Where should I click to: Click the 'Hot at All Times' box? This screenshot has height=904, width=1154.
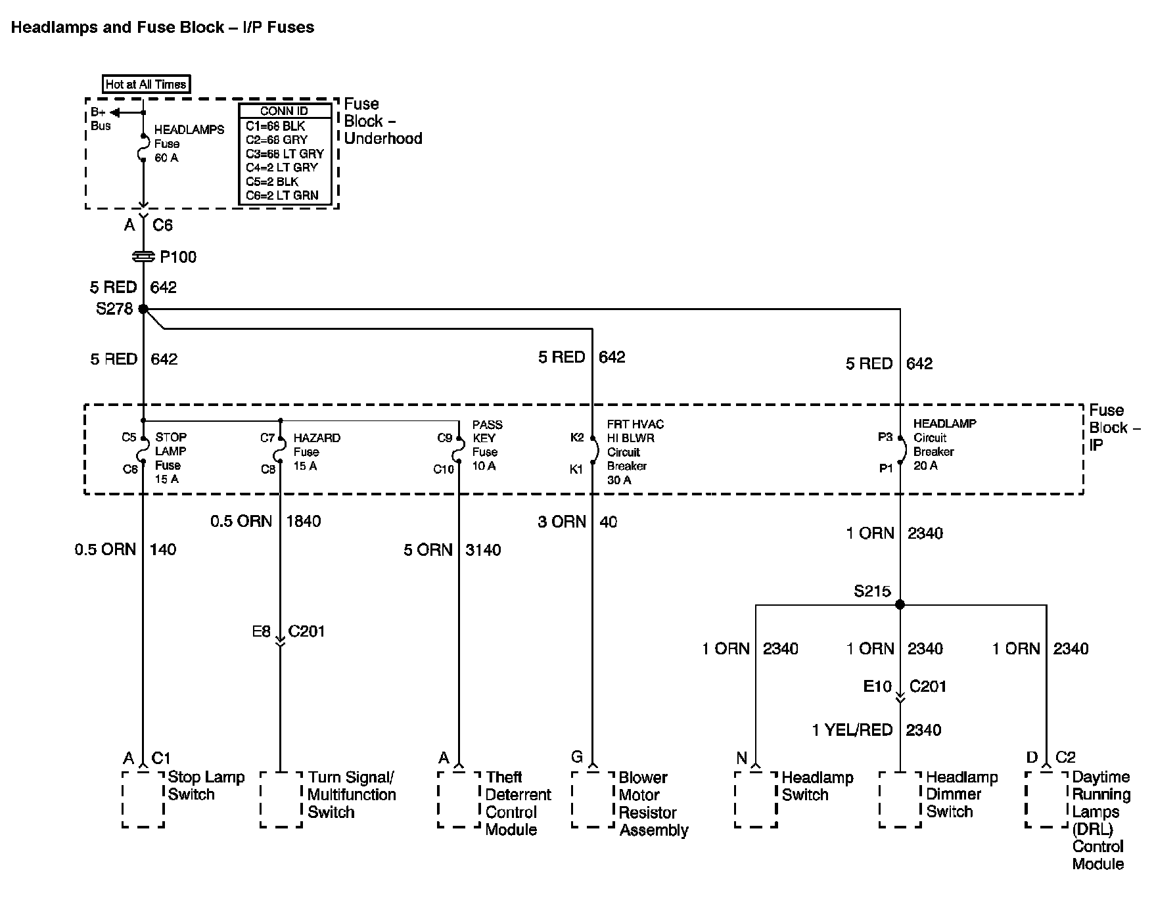click(147, 84)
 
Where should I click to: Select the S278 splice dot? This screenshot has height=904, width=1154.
click(143, 309)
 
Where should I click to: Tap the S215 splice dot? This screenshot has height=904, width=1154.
click(900, 604)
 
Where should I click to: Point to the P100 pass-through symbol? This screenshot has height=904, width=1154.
click(143, 257)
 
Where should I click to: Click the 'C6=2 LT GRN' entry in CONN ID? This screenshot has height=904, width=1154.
click(282, 195)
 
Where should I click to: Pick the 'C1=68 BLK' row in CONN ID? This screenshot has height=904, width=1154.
click(275, 125)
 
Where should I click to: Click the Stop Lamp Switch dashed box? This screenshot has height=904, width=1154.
click(143, 799)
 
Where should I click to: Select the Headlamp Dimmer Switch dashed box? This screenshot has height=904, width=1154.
click(900, 799)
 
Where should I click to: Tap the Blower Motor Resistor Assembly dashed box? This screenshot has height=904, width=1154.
click(593, 799)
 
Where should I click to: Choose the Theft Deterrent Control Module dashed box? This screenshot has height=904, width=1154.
click(459, 799)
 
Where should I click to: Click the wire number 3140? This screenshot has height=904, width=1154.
click(483, 550)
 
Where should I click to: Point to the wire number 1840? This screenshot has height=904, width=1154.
click(304, 522)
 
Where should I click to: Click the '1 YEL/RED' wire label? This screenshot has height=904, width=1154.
click(852, 730)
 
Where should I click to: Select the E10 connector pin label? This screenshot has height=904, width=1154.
click(877, 687)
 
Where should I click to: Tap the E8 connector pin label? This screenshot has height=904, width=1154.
click(261, 632)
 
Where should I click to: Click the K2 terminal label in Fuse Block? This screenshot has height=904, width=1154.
click(577, 438)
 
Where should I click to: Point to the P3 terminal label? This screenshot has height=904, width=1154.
click(885, 438)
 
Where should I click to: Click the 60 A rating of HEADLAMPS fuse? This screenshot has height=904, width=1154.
click(166, 158)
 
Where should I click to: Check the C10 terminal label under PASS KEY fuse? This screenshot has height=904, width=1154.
click(444, 469)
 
